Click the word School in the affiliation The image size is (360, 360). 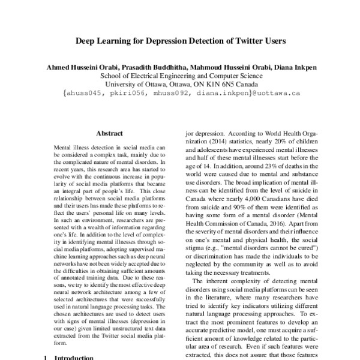click(x=111, y=76)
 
